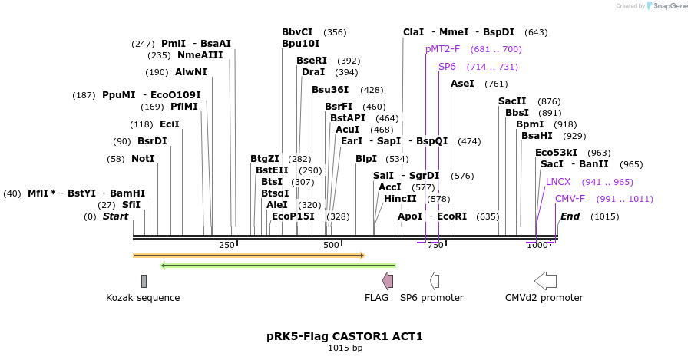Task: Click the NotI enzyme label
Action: click(142, 159)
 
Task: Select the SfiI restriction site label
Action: click(131, 205)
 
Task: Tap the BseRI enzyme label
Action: click(312, 61)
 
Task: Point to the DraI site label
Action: click(313, 72)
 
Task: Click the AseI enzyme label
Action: click(462, 84)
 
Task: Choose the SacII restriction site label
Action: click(512, 101)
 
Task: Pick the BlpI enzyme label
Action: click(366, 159)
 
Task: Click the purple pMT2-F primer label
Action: click(443, 49)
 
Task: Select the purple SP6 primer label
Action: click(447, 67)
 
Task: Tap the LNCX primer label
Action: click(558, 182)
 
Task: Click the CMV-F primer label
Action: click(570, 199)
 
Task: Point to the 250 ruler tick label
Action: click(227, 245)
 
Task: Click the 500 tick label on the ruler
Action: click(331, 245)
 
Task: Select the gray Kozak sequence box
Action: click(144, 281)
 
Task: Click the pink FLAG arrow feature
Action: click(388, 280)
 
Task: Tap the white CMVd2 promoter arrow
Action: click(545, 280)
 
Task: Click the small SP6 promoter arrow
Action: click(435, 280)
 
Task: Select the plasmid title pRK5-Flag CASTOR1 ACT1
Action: click(345, 336)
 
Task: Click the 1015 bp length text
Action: click(345, 348)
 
